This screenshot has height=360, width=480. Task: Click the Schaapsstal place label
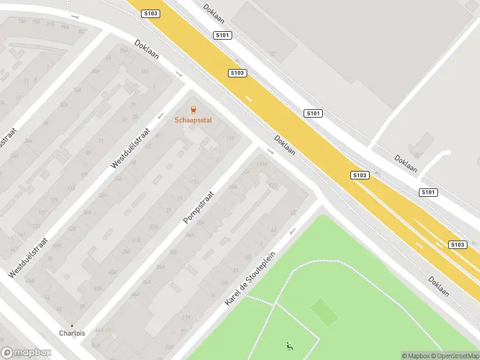[x=193, y=120]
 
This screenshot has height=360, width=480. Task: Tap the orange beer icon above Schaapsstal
[x=193, y=110]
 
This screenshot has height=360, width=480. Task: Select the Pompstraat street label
[x=199, y=204]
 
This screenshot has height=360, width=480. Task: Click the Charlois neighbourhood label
[x=71, y=334]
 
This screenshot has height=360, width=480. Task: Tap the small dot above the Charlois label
[x=72, y=326]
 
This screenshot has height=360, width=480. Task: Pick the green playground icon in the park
[x=290, y=346]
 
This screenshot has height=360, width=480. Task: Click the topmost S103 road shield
[x=151, y=13]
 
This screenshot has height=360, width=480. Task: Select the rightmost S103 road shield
[x=457, y=244]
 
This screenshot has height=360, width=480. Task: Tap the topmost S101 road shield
[x=222, y=35]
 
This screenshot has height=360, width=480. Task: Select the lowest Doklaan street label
[x=439, y=287]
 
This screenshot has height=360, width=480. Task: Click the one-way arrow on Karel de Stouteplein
[x=293, y=231]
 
